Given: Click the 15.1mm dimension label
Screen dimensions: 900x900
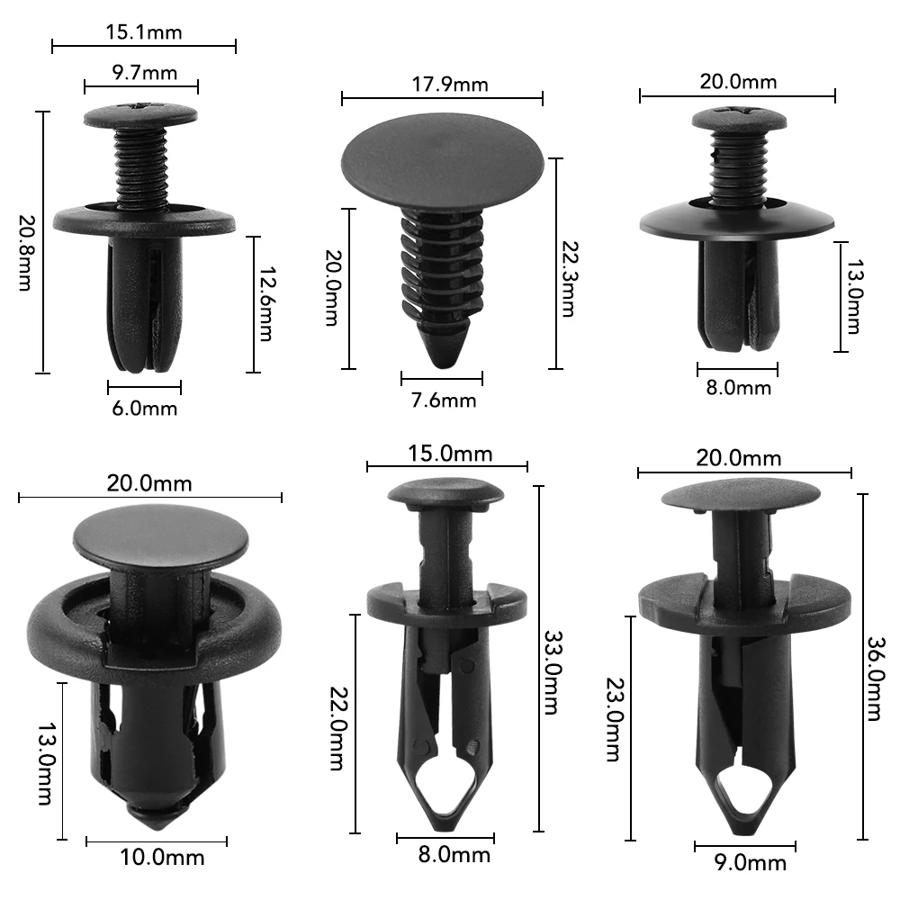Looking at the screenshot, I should [x=144, y=33].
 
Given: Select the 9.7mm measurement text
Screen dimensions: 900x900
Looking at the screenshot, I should [x=141, y=73].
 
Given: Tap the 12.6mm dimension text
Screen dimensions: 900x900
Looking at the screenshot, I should [x=265, y=304].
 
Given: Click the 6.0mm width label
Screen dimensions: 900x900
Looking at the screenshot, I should [x=144, y=409].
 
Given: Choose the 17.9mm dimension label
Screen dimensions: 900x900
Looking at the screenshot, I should [x=443, y=85].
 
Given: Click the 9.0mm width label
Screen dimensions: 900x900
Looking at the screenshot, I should [x=744, y=863].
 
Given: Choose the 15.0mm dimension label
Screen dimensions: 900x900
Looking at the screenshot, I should [x=447, y=453].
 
